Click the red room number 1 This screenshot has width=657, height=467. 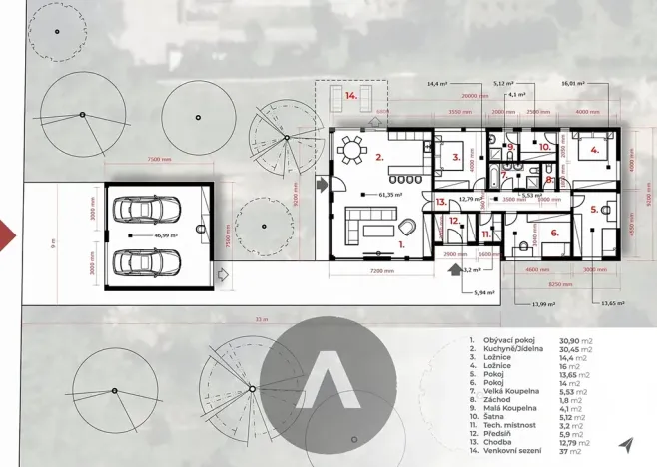401,242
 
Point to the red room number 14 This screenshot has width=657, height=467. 351,96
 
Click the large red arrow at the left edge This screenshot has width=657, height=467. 6,236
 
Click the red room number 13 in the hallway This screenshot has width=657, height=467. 441,202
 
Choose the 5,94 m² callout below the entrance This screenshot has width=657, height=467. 486,291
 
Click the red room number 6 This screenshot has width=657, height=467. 555,233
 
